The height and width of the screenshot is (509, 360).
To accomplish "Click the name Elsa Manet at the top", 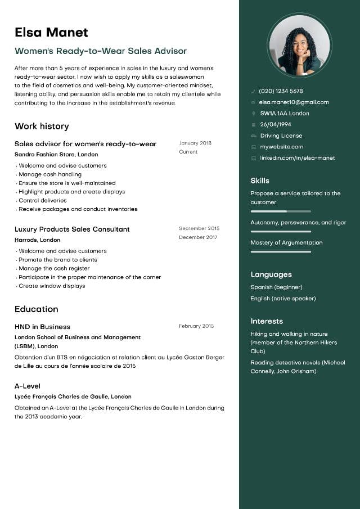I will pyautogui.click(x=51, y=32).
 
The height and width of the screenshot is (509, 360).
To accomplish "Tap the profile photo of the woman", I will pyautogui.click(x=299, y=45).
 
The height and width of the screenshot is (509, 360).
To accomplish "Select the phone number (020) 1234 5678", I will pyautogui.click(x=281, y=91).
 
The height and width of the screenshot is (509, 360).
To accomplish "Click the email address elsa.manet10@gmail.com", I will pyautogui.click(x=294, y=102).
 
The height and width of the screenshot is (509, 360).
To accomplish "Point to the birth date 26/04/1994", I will pyautogui.click(x=276, y=124).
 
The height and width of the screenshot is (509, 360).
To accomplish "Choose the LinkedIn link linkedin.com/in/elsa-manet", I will pyautogui.click(x=297, y=158).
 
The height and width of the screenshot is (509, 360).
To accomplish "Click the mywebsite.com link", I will pyautogui.click(x=281, y=147).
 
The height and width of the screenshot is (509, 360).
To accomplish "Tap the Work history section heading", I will pyautogui.click(x=42, y=126).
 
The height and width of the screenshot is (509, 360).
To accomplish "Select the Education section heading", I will pyautogui.click(x=37, y=309).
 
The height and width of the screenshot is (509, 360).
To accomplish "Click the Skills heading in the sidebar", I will pyautogui.click(x=260, y=181).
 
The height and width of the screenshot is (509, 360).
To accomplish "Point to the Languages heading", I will pyautogui.click(x=271, y=274).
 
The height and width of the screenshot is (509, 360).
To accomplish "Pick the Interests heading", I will pyautogui.click(x=267, y=321).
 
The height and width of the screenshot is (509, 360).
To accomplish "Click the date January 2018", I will pyautogui.click(x=195, y=143).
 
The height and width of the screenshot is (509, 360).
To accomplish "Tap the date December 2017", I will pyautogui.click(x=198, y=237).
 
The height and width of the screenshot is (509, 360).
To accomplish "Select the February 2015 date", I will pyautogui.click(x=196, y=326).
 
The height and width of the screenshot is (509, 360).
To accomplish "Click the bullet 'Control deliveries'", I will pyautogui.click(x=43, y=200).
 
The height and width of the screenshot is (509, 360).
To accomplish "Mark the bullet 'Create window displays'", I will pyautogui.click(x=52, y=286).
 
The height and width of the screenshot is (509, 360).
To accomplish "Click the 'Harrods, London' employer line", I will pyautogui.click(x=37, y=240).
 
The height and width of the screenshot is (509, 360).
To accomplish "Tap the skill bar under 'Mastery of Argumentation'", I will pyautogui.click(x=281, y=251).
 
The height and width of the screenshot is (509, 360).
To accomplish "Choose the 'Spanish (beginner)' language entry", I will pyautogui.click(x=276, y=287).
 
